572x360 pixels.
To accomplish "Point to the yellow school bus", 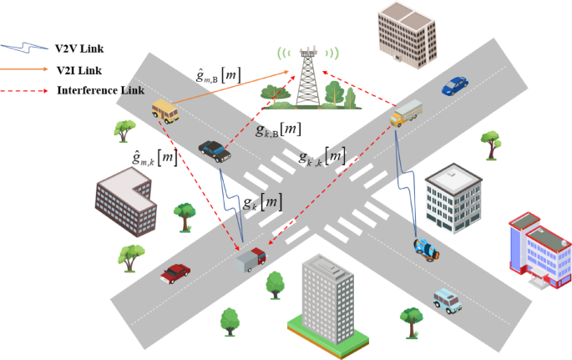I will coord(165,109).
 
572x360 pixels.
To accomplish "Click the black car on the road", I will coord(215,150).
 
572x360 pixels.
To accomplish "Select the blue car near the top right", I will coord(454,84).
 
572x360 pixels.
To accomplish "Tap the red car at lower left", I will coord(175,273).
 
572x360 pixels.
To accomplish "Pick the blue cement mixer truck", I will coord(427,248).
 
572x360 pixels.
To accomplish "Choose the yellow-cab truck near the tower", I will coord(407,113).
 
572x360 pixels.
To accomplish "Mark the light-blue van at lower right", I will coord(448,301).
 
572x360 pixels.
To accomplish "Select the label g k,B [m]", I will coord(278,130).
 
